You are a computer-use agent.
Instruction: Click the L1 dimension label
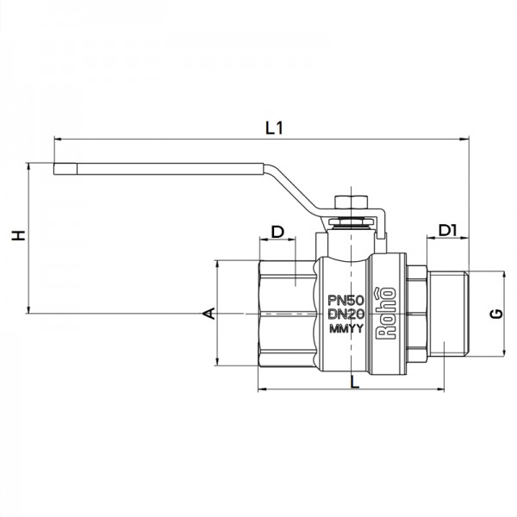pyautogui.click(x=275, y=128)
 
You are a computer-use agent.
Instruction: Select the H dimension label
pyautogui.click(x=16, y=236)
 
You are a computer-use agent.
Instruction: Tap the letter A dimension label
pyautogui.click(x=206, y=313)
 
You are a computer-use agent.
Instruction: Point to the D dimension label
pyautogui.click(x=277, y=232)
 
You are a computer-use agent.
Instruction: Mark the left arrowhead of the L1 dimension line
pyautogui.click(x=57, y=137)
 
